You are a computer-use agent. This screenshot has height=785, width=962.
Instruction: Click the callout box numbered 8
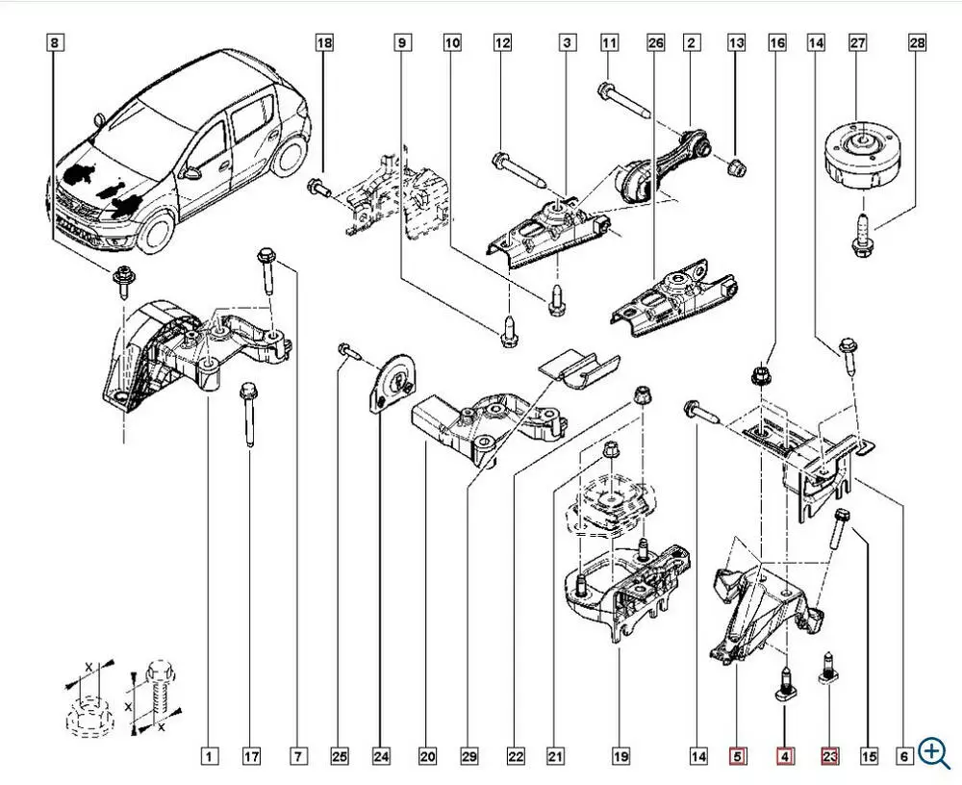pos(54,42)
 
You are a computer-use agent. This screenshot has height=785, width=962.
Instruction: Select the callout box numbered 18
pos(324,42)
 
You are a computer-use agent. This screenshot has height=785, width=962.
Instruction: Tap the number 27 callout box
pos(857,42)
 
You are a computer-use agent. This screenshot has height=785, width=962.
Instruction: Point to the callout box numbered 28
pos(917,42)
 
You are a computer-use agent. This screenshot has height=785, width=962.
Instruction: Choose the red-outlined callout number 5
pos(738,757)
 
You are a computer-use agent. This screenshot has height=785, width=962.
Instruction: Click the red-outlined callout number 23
pos(830,757)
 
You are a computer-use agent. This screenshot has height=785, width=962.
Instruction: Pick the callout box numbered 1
pos(210,757)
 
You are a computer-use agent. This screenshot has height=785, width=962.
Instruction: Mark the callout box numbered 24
pos(381,757)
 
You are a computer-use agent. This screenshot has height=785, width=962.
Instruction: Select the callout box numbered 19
pos(621,757)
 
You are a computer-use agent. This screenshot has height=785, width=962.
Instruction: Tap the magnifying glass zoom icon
pos(933,753)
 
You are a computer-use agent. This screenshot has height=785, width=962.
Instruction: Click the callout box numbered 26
pos(656,42)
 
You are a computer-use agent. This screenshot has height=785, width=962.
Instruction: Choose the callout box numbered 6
pos(904,757)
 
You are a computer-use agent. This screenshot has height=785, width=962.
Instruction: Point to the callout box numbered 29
pos(469,757)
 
